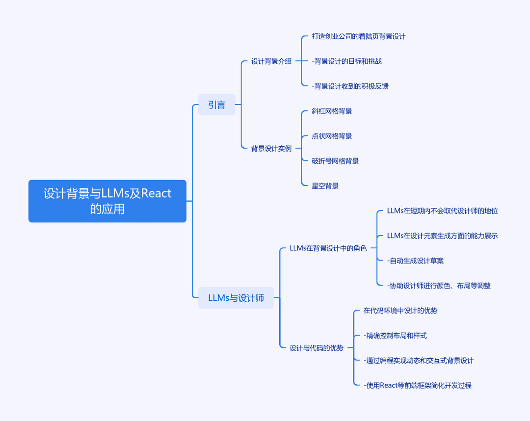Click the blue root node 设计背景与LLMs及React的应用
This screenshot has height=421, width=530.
click(107, 201)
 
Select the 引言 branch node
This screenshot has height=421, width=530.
click(217, 105)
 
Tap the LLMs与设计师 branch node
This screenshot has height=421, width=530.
click(236, 298)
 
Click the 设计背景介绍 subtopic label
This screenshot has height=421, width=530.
click(271, 61)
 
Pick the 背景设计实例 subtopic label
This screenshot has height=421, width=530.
click(271, 148)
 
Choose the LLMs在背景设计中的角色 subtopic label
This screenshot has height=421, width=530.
click(328, 248)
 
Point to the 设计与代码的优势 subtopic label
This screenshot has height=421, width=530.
click(317, 348)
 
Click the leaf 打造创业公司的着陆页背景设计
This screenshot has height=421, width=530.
click(359, 36)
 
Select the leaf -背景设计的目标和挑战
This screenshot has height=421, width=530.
click(347, 61)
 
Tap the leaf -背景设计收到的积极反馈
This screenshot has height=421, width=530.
click(350, 86)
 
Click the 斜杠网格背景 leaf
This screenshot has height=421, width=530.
click(332, 111)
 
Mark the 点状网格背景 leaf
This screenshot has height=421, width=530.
click(332, 136)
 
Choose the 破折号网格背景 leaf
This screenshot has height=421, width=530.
click(335, 161)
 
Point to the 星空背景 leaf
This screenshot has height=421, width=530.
click(325, 186)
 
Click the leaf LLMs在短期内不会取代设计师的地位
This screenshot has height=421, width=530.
click(443, 211)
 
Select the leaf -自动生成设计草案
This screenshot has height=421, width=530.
click(416, 261)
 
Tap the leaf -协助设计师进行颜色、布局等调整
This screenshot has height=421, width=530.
click(439, 286)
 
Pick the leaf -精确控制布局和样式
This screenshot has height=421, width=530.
click(395, 336)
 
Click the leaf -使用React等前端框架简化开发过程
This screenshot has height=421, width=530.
click(418, 385)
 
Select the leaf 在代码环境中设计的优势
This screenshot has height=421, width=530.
click(400, 311)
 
